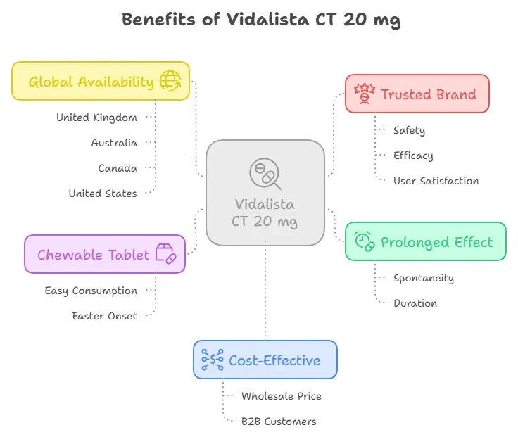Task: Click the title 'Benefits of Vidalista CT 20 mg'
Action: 261,19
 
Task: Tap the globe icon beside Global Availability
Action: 170,81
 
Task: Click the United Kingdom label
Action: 96,118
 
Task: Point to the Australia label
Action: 114,143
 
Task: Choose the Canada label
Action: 118,168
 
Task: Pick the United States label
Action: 103,193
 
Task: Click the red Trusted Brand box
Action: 417,94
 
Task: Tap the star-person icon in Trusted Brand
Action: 364,94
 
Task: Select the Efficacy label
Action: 413,156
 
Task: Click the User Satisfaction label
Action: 436,181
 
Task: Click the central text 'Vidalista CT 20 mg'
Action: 265,213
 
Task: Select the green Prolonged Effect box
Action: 425,241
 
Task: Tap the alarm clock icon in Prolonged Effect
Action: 364,241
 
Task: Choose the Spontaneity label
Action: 423,278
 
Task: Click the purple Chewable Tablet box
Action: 105,254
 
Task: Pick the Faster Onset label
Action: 104,316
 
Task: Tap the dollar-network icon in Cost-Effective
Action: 213,360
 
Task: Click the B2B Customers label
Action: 279,422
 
